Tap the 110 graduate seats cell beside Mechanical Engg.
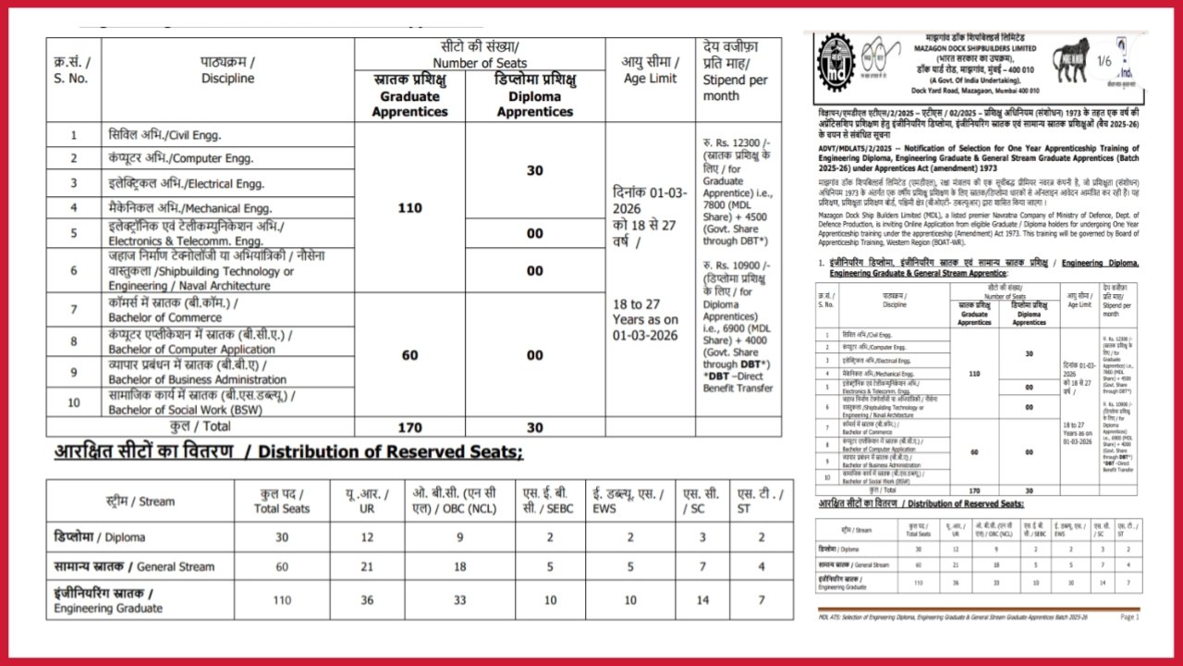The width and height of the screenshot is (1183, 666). pos(409,208)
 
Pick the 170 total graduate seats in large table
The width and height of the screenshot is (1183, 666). pos(409,427)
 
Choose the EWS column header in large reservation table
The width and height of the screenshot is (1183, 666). pos(629,501)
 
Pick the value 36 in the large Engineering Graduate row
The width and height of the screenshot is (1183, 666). pos(367,599)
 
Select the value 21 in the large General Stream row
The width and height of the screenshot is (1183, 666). pos(367,566)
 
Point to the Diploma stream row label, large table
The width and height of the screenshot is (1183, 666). pos(100,536)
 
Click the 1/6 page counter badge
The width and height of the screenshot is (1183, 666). pos(1104,62)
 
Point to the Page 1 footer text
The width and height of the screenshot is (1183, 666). pos(1129,617)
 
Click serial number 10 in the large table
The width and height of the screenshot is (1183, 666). pos(74,402)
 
